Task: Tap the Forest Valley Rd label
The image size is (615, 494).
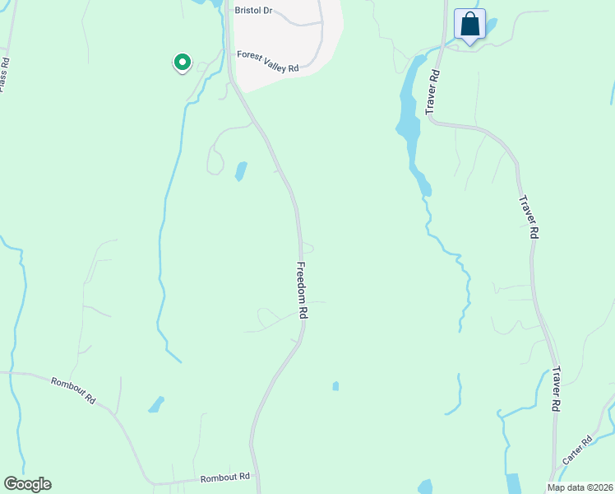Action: pos(267,61)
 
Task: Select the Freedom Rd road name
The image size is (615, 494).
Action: pos(302,291)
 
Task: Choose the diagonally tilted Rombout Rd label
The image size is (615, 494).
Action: pos(74,389)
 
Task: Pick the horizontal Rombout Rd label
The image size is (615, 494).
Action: pos(224,478)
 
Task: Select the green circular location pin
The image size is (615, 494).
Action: pos(182,62)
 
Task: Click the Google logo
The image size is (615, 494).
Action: pos(27,484)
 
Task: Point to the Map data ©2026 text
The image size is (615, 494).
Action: pos(579,487)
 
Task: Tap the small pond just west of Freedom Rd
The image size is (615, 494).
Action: pos(241,171)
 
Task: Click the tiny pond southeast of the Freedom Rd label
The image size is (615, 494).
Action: pos(335,385)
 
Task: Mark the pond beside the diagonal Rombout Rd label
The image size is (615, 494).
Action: pos(155,404)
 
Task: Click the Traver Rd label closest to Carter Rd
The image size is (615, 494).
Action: pos(557,389)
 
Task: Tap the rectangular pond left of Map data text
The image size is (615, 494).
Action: pos(513,484)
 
